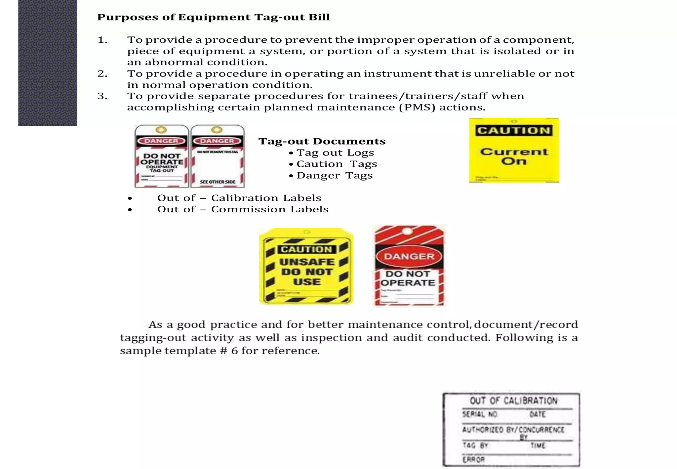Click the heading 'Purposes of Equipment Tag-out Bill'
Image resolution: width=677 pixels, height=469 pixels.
[x=213, y=17]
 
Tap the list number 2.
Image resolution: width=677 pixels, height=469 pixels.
[x=102, y=73]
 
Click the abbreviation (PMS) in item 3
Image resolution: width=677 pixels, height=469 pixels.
[x=417, y=107]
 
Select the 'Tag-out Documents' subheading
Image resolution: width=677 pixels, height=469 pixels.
[x=322, y=142]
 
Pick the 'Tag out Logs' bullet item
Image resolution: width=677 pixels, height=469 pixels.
[x=335, y=153]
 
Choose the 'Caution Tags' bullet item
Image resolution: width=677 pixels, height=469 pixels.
[x=337, y=164]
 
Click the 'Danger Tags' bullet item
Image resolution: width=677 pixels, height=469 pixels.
[x=334, y=176]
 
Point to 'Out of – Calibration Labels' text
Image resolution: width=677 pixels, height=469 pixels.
[x=239, y=198]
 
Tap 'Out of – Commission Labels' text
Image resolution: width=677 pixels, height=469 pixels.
[x=243, y=209]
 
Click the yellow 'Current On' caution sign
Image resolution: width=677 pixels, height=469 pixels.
[x=514, y=150]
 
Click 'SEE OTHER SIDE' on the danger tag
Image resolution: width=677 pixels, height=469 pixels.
[x=218, y=182]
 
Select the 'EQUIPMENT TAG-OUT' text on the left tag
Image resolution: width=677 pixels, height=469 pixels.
[x=162, y=169]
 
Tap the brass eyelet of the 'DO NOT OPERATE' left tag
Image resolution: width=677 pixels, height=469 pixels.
[x=161, y=130]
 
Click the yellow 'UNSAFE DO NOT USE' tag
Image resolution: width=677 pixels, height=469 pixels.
[x=306, y=267]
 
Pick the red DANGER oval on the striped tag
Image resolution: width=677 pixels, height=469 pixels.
[x=409, y=257]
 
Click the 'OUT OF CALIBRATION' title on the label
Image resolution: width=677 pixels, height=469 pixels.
[x=513, y=401]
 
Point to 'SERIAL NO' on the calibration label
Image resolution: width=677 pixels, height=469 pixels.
[x=480, y=414]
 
